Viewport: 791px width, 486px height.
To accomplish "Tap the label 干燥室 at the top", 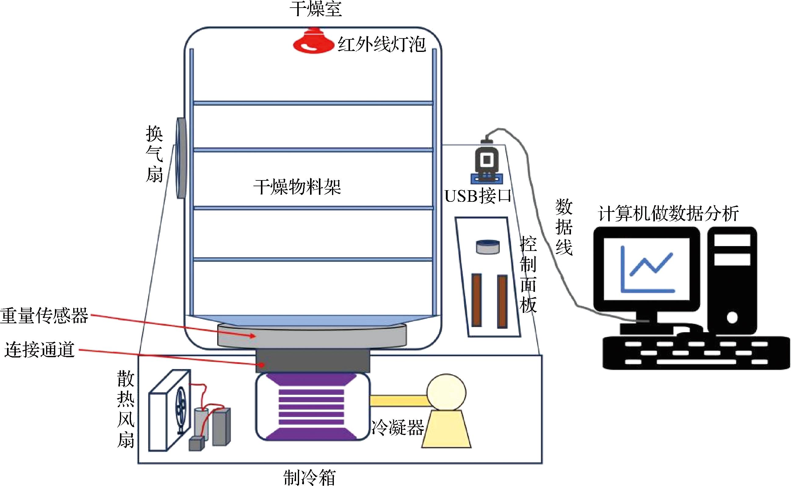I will tap(316, 9).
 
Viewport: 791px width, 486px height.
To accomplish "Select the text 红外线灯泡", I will tap(382, 45).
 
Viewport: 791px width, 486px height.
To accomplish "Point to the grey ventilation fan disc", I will tap(181, 158).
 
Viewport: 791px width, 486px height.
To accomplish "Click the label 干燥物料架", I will tap(297, 187).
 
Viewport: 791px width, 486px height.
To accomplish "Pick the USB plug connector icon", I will tap(487, 161).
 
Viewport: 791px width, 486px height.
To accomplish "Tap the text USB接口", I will tap(478, 196).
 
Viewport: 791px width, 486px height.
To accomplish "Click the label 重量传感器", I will tap(44, 316).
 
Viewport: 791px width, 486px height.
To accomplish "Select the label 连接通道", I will tap(39, 350).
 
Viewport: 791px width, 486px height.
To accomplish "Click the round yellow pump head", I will tap(446, 393).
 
